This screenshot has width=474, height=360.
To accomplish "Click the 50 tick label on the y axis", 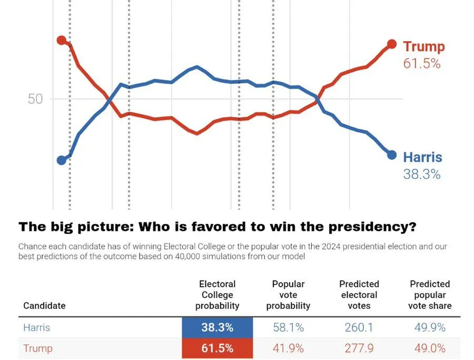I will point(35,99).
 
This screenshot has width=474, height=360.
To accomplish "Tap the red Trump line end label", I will point(423,46).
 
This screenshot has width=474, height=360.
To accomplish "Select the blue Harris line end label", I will point(422,157).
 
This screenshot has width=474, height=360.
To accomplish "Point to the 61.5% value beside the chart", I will point(421,63).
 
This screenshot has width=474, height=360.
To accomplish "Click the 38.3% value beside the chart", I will point(421,174).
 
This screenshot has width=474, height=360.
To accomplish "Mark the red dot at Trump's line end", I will point(391,44).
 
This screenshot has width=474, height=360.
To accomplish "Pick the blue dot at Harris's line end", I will point(391,154).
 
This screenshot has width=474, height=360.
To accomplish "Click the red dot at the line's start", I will point(61,40).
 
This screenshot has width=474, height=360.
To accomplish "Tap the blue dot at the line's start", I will point(61,160).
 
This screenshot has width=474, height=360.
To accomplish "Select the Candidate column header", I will point(44,306).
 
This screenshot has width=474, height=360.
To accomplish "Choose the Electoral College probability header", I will point(217,295).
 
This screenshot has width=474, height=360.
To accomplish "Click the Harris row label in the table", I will point(36,327).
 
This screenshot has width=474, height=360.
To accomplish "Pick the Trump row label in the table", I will point(37,348).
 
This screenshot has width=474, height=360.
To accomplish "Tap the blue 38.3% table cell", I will point(217,327).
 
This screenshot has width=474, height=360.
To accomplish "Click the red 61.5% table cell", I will point(217,348).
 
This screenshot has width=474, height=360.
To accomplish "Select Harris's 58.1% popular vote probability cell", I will point(288,327).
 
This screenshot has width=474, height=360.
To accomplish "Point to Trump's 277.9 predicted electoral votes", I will point(359,348).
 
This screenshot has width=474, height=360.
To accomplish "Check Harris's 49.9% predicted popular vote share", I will point(430,327).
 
